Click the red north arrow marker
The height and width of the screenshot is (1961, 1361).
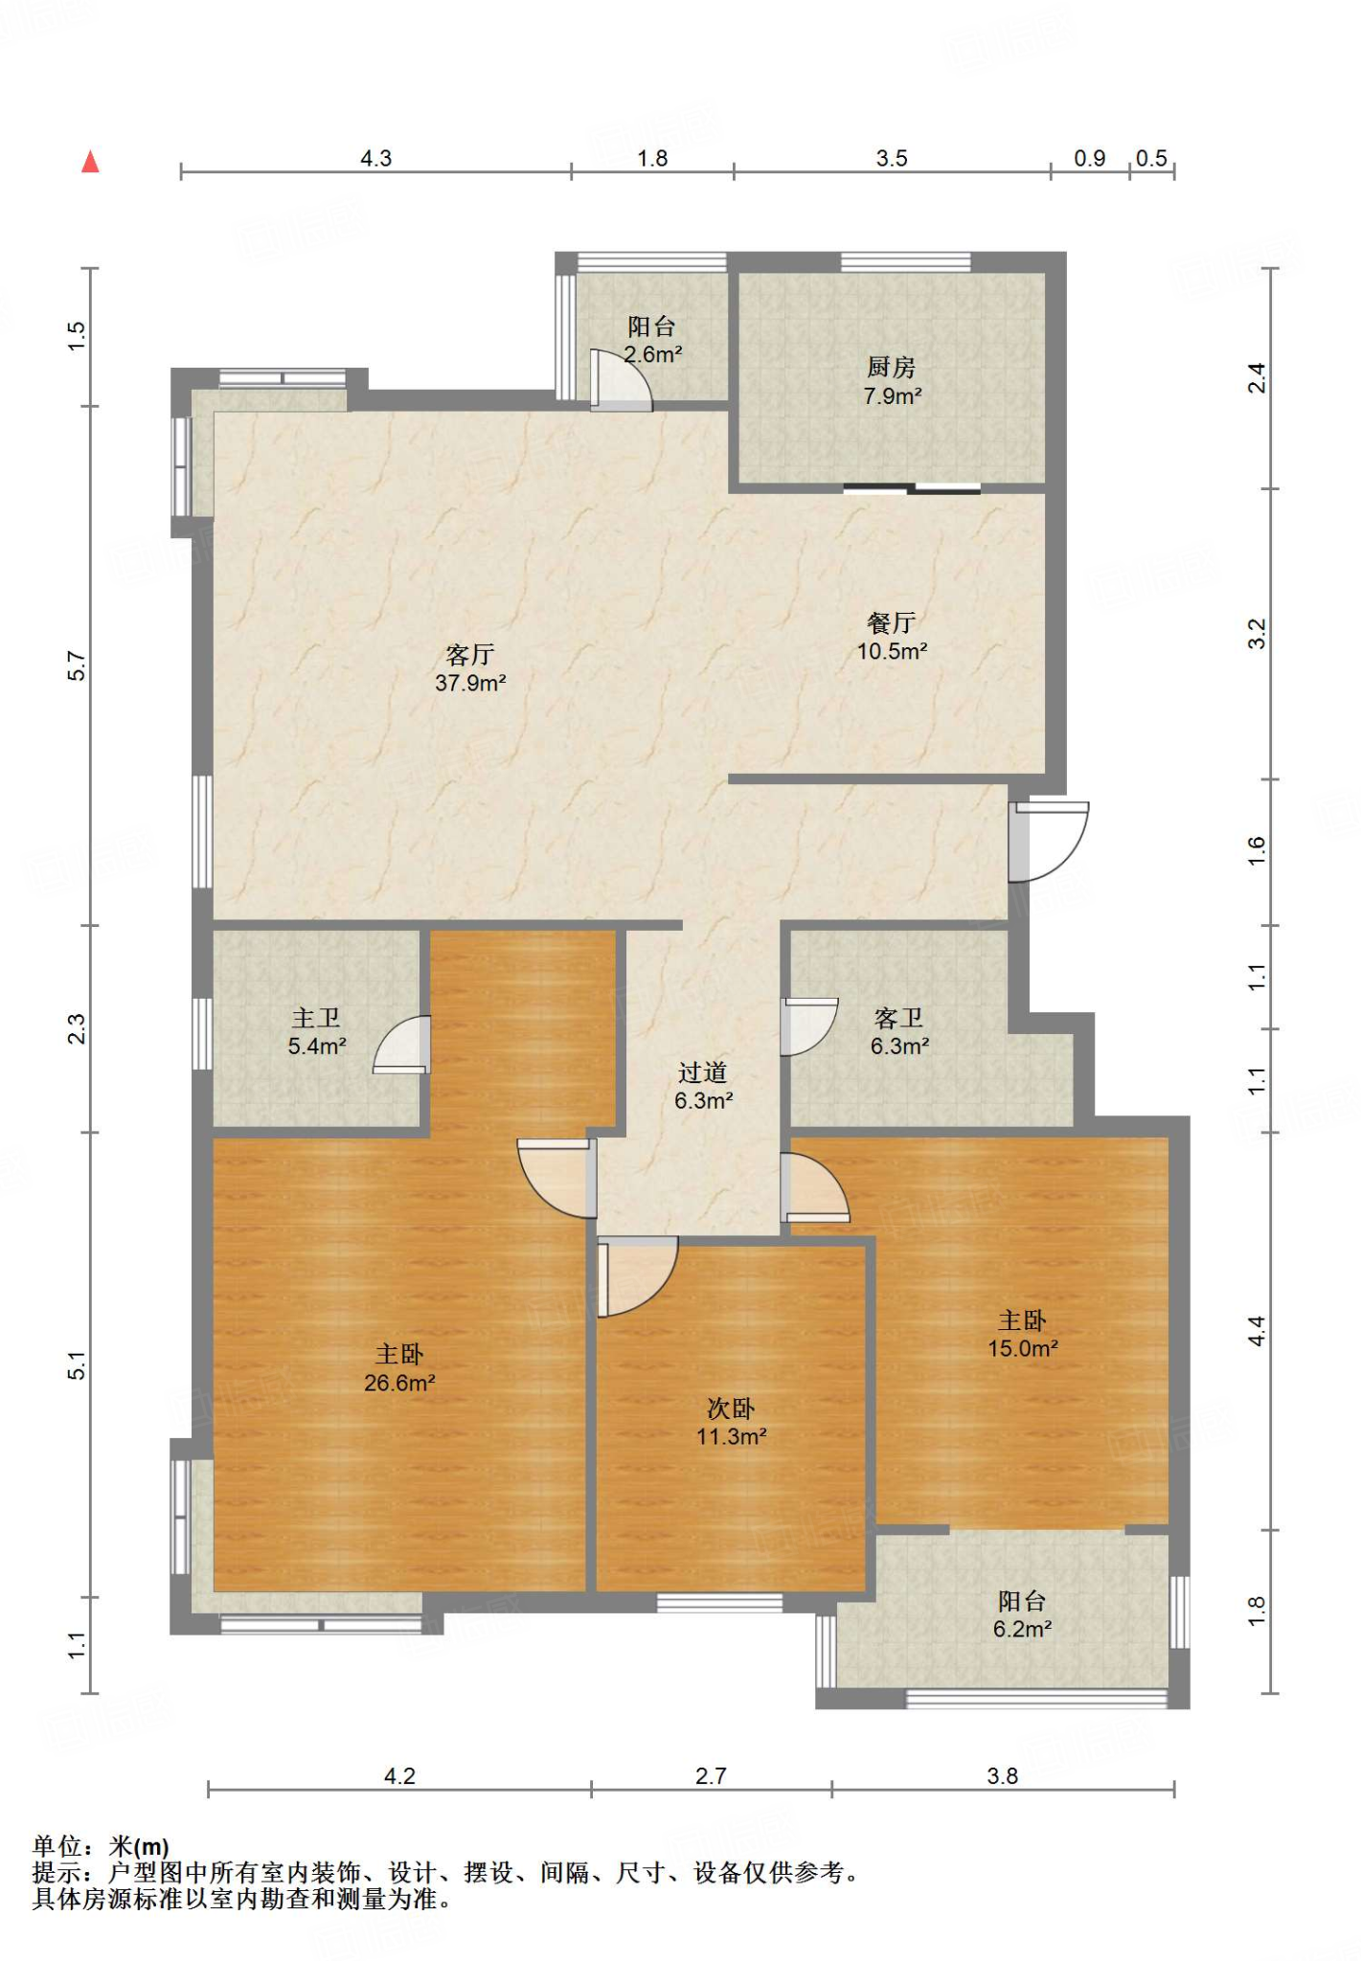coord(90,161)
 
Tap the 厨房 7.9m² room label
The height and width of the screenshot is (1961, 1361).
coord(892,381)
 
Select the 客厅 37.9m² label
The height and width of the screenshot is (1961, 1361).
coord(470,668)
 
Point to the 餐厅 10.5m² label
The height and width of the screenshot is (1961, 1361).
coord(892,637)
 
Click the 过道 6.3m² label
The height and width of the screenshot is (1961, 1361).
coord(703,1086)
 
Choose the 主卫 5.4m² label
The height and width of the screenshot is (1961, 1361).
coord(317,1031)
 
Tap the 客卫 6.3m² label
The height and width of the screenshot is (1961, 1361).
coord(899,1031)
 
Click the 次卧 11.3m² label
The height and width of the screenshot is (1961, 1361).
coord(732,1422)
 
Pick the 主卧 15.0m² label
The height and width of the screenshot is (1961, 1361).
coord(1023,1334)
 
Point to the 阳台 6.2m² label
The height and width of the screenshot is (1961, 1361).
coord(1023,1614)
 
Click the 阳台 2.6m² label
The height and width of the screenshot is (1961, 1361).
coord(652,340)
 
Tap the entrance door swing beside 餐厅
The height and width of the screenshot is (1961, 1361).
coord(1048,842)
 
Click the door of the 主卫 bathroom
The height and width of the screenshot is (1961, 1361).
coord(401,1044)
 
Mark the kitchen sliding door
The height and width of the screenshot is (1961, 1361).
coord(912,489)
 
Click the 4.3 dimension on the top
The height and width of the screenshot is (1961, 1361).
coord(375,158)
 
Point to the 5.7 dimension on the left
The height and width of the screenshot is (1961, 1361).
coord(77,665)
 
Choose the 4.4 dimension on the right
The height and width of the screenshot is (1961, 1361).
coord(1257,1331)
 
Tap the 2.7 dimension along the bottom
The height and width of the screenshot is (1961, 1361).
coord(711,1776)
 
